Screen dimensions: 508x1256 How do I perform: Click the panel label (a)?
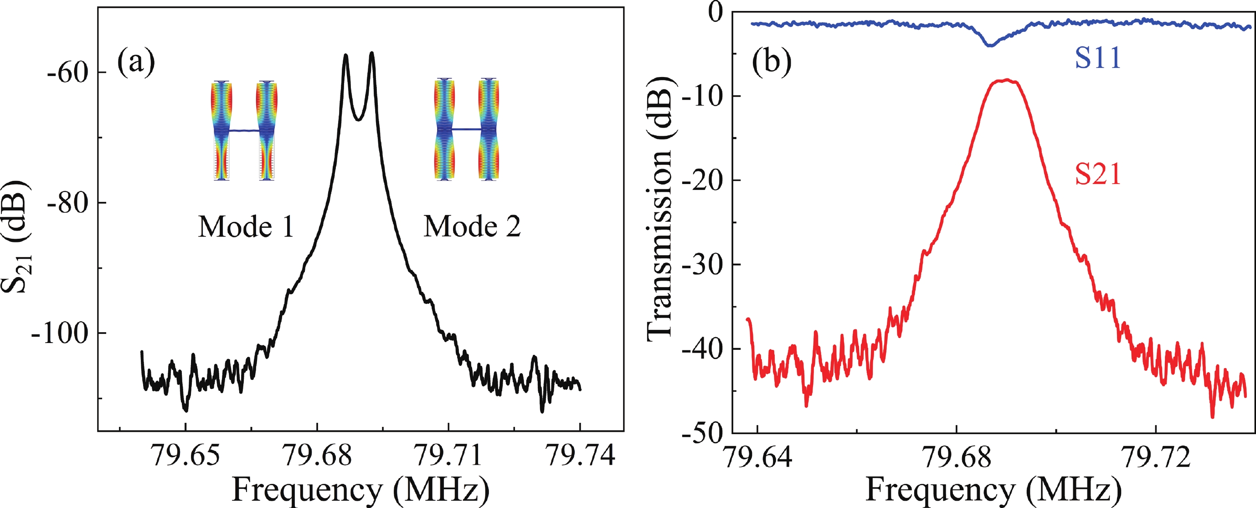[x=135, y=63]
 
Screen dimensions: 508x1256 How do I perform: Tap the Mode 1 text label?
[x=246, y=227]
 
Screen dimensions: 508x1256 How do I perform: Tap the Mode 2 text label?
[x=472, y=226]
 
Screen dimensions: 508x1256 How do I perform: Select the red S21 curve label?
[x=1098, y=174]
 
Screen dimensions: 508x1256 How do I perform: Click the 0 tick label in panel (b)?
[x=716, y=12]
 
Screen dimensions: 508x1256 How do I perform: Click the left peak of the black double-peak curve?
[x=346, y=56]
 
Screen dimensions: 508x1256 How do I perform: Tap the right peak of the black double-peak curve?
[x=372, y=53]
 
